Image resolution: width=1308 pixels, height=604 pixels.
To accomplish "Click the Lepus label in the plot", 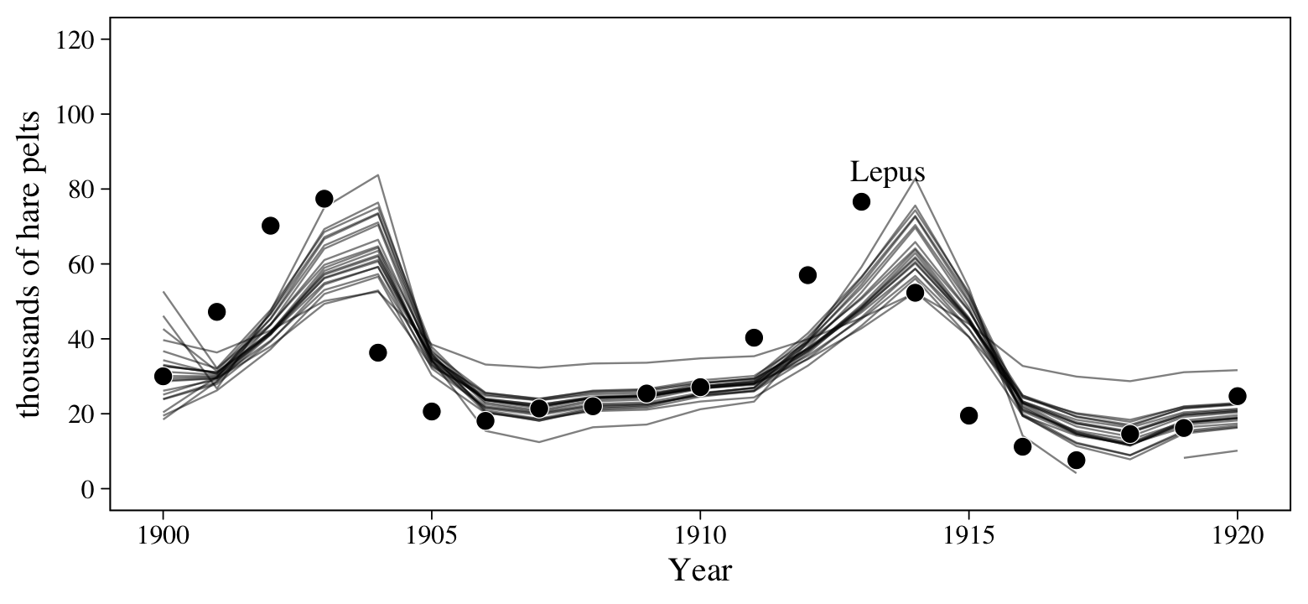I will point(887,172).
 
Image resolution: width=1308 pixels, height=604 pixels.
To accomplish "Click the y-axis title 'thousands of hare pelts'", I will point(30,263).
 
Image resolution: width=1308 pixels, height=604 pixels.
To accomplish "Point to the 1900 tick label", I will point(163,535).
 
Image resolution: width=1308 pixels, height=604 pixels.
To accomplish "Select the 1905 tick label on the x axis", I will point(431,535).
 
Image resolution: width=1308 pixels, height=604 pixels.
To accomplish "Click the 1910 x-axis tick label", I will point(700,535).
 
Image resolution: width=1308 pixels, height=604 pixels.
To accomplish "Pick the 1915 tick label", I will point(968,535).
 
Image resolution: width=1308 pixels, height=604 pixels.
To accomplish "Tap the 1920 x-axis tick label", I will point(1238,535).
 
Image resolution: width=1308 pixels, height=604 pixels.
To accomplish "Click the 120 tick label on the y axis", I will point(75,39).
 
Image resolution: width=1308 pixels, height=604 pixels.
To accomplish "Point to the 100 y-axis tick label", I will point(75,114).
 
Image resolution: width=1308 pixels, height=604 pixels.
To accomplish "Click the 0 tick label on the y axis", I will point(87,489).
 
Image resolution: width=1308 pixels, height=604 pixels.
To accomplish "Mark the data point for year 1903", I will point(324,199).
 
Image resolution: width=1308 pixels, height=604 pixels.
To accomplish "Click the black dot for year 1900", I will point(163,376).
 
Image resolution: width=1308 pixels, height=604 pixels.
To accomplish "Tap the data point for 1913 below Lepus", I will point(861,201).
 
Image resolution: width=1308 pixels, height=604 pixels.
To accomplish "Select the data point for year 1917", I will point(1076,460).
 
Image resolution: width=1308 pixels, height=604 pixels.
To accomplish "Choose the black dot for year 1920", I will point(1238,396).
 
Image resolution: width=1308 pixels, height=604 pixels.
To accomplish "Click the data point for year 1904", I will point(377,352).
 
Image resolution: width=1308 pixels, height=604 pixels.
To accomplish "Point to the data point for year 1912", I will point(807,275).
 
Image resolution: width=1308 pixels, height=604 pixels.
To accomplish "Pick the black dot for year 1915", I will point(968,415).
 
